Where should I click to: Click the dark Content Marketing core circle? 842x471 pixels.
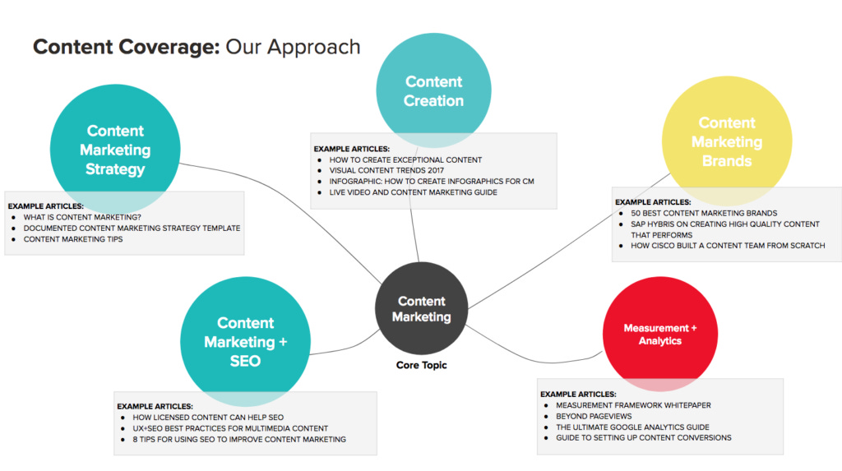[x=421, y=309]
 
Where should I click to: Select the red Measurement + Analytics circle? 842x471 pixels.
[x=659, y=334]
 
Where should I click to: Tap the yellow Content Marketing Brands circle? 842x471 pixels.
[x=726, y=142]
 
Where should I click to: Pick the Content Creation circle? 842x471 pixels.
[x=433, y=90]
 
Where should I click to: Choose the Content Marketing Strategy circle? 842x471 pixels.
[x=115, y=150]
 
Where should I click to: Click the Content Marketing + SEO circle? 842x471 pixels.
[x=245, y=341]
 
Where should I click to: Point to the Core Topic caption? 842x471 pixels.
[x=421, y=364]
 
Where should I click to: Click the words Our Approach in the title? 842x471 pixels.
[x=293, y=47]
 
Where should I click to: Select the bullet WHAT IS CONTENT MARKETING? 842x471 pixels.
[x=82, y=217]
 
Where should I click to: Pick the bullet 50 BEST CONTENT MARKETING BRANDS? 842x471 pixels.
[x=704, y=213]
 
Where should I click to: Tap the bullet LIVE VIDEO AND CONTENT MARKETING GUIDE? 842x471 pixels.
[x=413, y=192]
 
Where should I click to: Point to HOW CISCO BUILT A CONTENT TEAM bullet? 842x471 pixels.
[x=728, y=245]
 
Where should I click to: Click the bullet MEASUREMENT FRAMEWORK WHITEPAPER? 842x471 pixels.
[x=633, y=405]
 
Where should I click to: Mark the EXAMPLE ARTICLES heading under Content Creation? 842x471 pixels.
[x=352, y=149]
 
